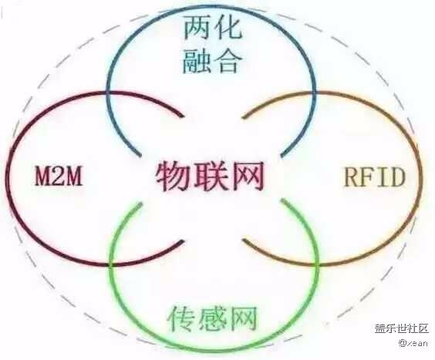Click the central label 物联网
tap(210, 177)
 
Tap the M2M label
tap(59, 175)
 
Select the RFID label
tap(375, 177)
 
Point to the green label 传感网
tap(212, 318)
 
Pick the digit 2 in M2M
tap(59, 175)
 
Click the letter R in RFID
tap(352, 177)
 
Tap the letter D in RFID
tap(396, 177)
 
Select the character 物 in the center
tap(173, 177)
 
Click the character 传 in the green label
tap(182, 318)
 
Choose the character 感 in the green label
tap(213, 318)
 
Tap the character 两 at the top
tap(197, 27)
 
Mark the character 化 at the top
tap(228, 27)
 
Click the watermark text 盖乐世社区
tap(402, 328)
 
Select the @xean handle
tap(413, 343)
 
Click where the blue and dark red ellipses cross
tap(107, 93)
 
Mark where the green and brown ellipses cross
tap(316, 265)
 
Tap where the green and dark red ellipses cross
tap(111, 265)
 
